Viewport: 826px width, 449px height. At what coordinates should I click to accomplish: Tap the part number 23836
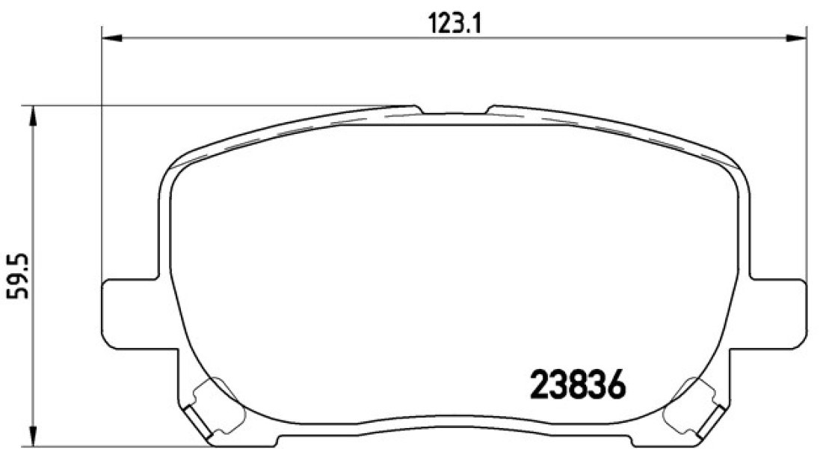click(577, 384)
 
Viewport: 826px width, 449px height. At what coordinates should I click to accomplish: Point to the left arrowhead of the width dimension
click(111, 38)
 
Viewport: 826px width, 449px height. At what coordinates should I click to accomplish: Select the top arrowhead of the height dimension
click(33, 116)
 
